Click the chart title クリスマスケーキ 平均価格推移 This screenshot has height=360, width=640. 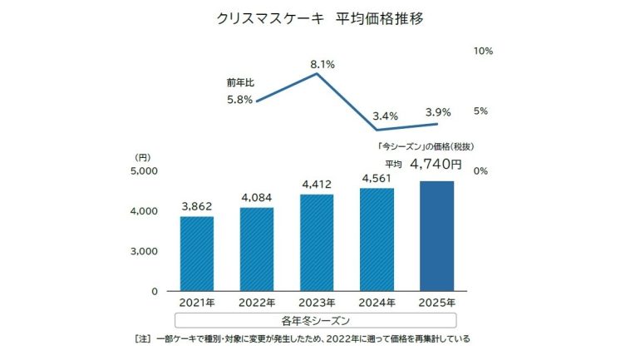pyautogui.click(x=320, y=18)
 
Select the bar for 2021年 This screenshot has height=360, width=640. pyautogui.click(x=197, y=253)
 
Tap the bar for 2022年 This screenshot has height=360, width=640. pyautogui.click(x=257, y=249)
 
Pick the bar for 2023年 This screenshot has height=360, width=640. pyautogui.click(x=317, y=242)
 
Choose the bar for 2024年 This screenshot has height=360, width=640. pyautogui.click(x=377, y=239)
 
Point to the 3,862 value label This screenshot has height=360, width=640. pyautogui.click(x=197, y=204)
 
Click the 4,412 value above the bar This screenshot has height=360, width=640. pyautogui.click(x=317, y=182)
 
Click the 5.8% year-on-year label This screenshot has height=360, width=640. pyautogui.click(x=240, y=101)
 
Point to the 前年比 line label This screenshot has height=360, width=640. pyautogui.click(x=238, y=83)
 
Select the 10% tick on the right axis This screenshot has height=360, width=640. pyautogui.click(x=483, y=52)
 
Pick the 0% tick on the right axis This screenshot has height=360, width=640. pyautogui.click(x=480, y=171)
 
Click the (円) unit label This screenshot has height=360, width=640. pyautogui.click(x=143, y=155)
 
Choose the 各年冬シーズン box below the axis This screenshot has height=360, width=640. pyautogui.click(x=317, y=319)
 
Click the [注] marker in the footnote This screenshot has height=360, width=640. pyautogui.click(x=143, y=338)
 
